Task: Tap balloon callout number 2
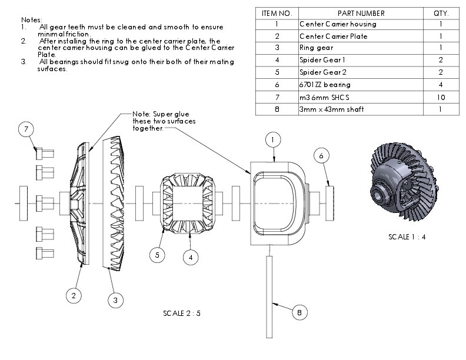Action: click(73, 296)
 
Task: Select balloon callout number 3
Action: click(115, 300)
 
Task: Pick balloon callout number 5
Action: click(157, 255)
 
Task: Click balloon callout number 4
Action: click(190, 257)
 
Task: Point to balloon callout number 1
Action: click(273, 139)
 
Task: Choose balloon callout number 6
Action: click(321, 156)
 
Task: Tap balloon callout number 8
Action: click(299, 313)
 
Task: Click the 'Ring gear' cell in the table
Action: click(317, 48)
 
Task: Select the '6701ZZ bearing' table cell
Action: click(325, 85)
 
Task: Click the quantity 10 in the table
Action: click(441, 97)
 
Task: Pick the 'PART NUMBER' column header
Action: click(360, 13)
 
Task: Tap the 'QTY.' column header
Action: click(441, 13)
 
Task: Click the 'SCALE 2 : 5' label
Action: click(182, 313)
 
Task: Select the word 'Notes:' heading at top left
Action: click(32, 20)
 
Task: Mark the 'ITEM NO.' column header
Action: click(277, 13)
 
